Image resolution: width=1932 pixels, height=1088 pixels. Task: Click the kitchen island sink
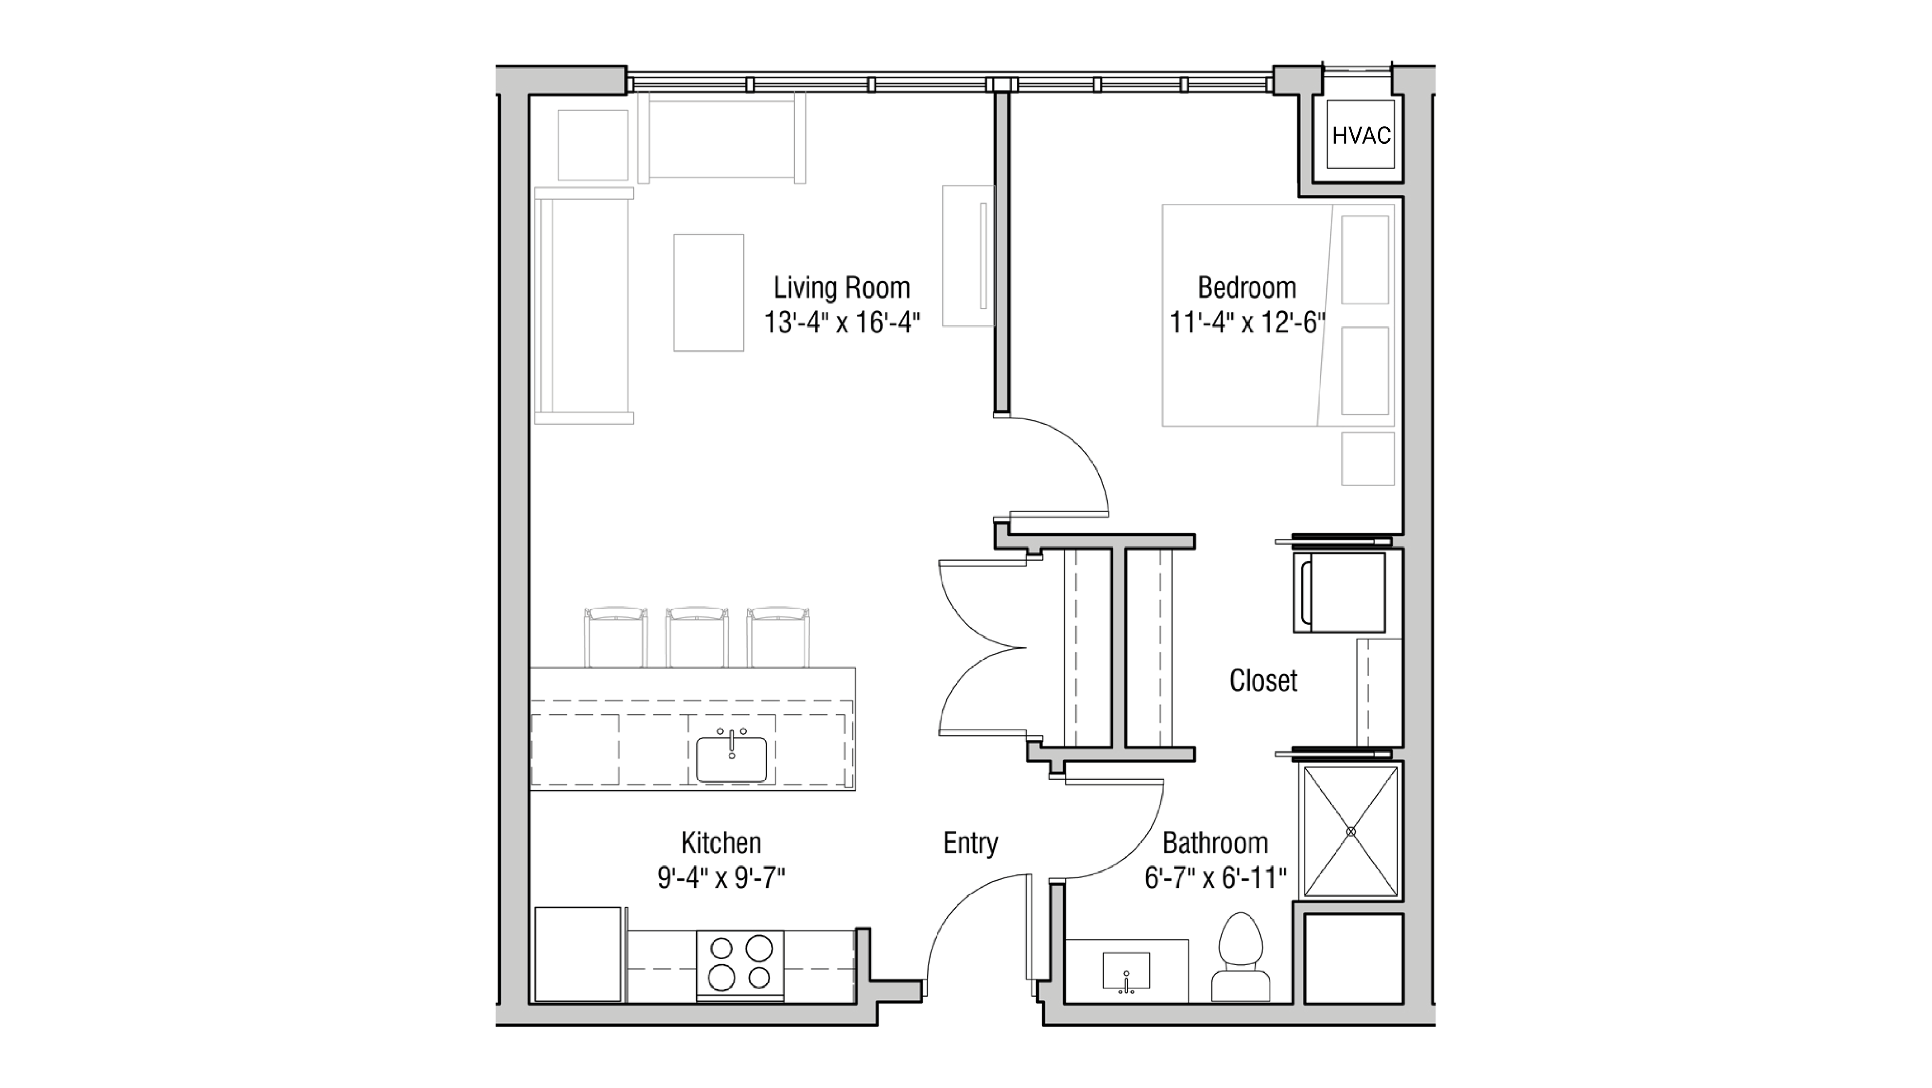[731, 758]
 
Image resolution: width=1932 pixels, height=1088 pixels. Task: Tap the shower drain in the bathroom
[1351, 831]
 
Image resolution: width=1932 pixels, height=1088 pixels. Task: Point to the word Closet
[1263, 681]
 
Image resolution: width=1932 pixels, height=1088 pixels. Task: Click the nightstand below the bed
[1367, 458]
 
